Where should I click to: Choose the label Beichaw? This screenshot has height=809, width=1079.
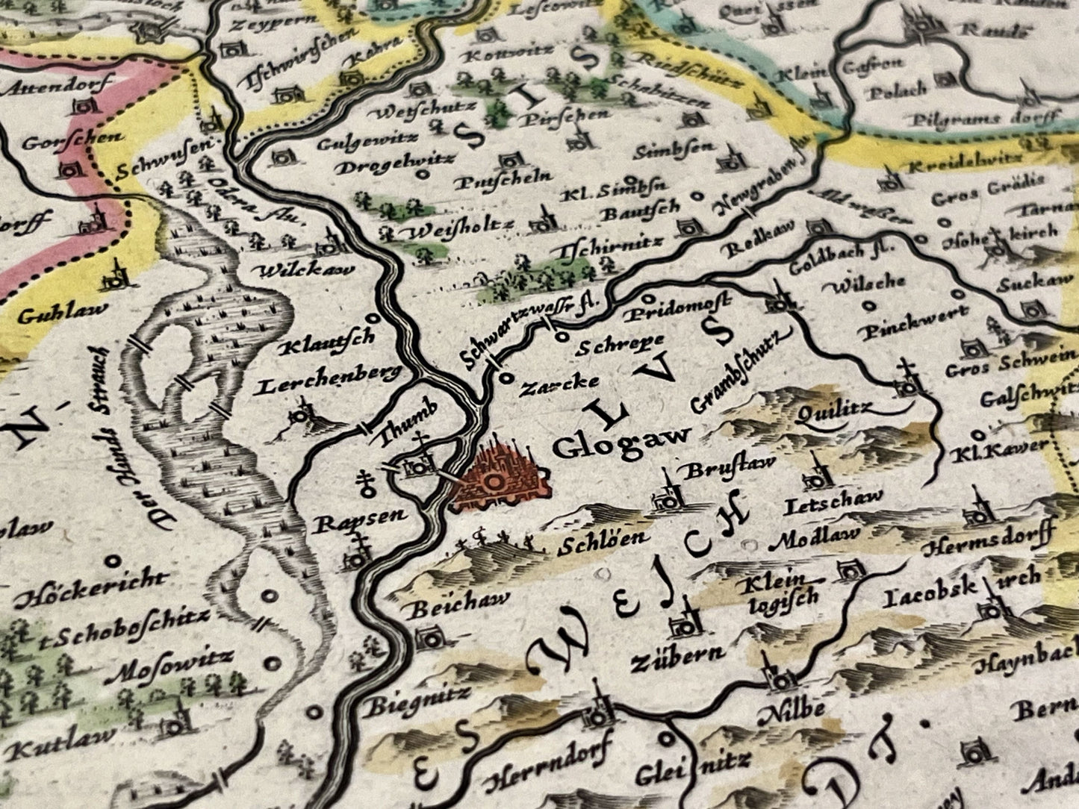click(459, 603)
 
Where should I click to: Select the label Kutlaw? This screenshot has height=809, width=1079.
click(65, 733)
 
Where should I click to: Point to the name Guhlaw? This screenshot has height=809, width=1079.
click(63, 311)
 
